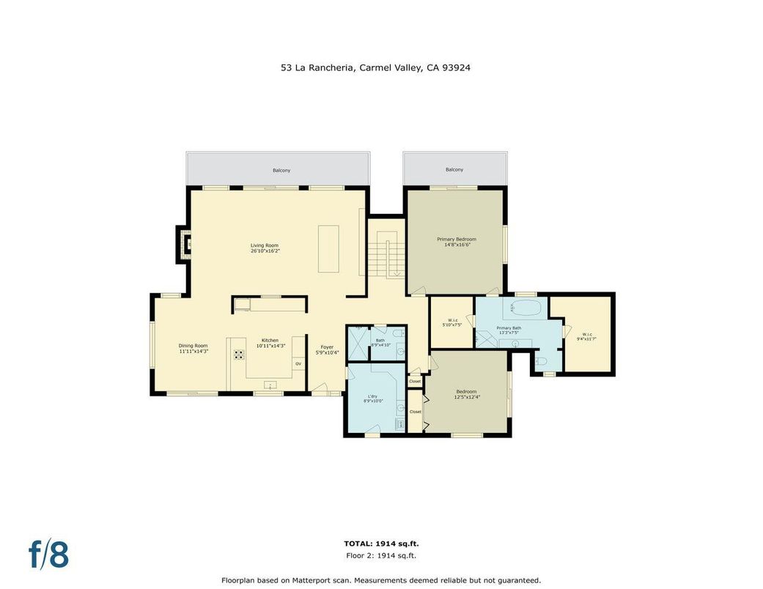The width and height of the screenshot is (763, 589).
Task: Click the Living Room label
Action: (x=265, y=248)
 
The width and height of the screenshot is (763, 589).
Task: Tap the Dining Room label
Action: (x=193, y=348)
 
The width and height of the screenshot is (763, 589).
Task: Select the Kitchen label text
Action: (x=270, y=343)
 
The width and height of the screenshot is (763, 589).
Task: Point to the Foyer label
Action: (x=327, y=349)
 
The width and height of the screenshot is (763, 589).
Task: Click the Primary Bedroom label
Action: (x=457, y=242)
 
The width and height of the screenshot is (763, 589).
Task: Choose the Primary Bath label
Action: (x=509, y=330)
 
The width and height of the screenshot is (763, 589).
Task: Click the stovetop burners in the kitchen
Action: (x=239, y=355)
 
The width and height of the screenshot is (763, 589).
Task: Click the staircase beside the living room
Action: (x=387, y=257)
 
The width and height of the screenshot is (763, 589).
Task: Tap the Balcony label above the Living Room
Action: (x=281, y=170)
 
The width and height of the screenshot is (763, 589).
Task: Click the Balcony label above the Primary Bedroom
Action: (x=454, y=169)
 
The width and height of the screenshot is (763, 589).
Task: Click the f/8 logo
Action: (x=48, y=554)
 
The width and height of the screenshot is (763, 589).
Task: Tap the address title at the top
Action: (x=375, y=67)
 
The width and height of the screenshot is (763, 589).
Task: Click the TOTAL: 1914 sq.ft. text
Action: (x=381, y=544)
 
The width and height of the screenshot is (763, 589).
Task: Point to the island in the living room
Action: (x=328, y=249)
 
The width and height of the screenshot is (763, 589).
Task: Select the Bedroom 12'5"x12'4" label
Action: (x=466, y=394)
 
